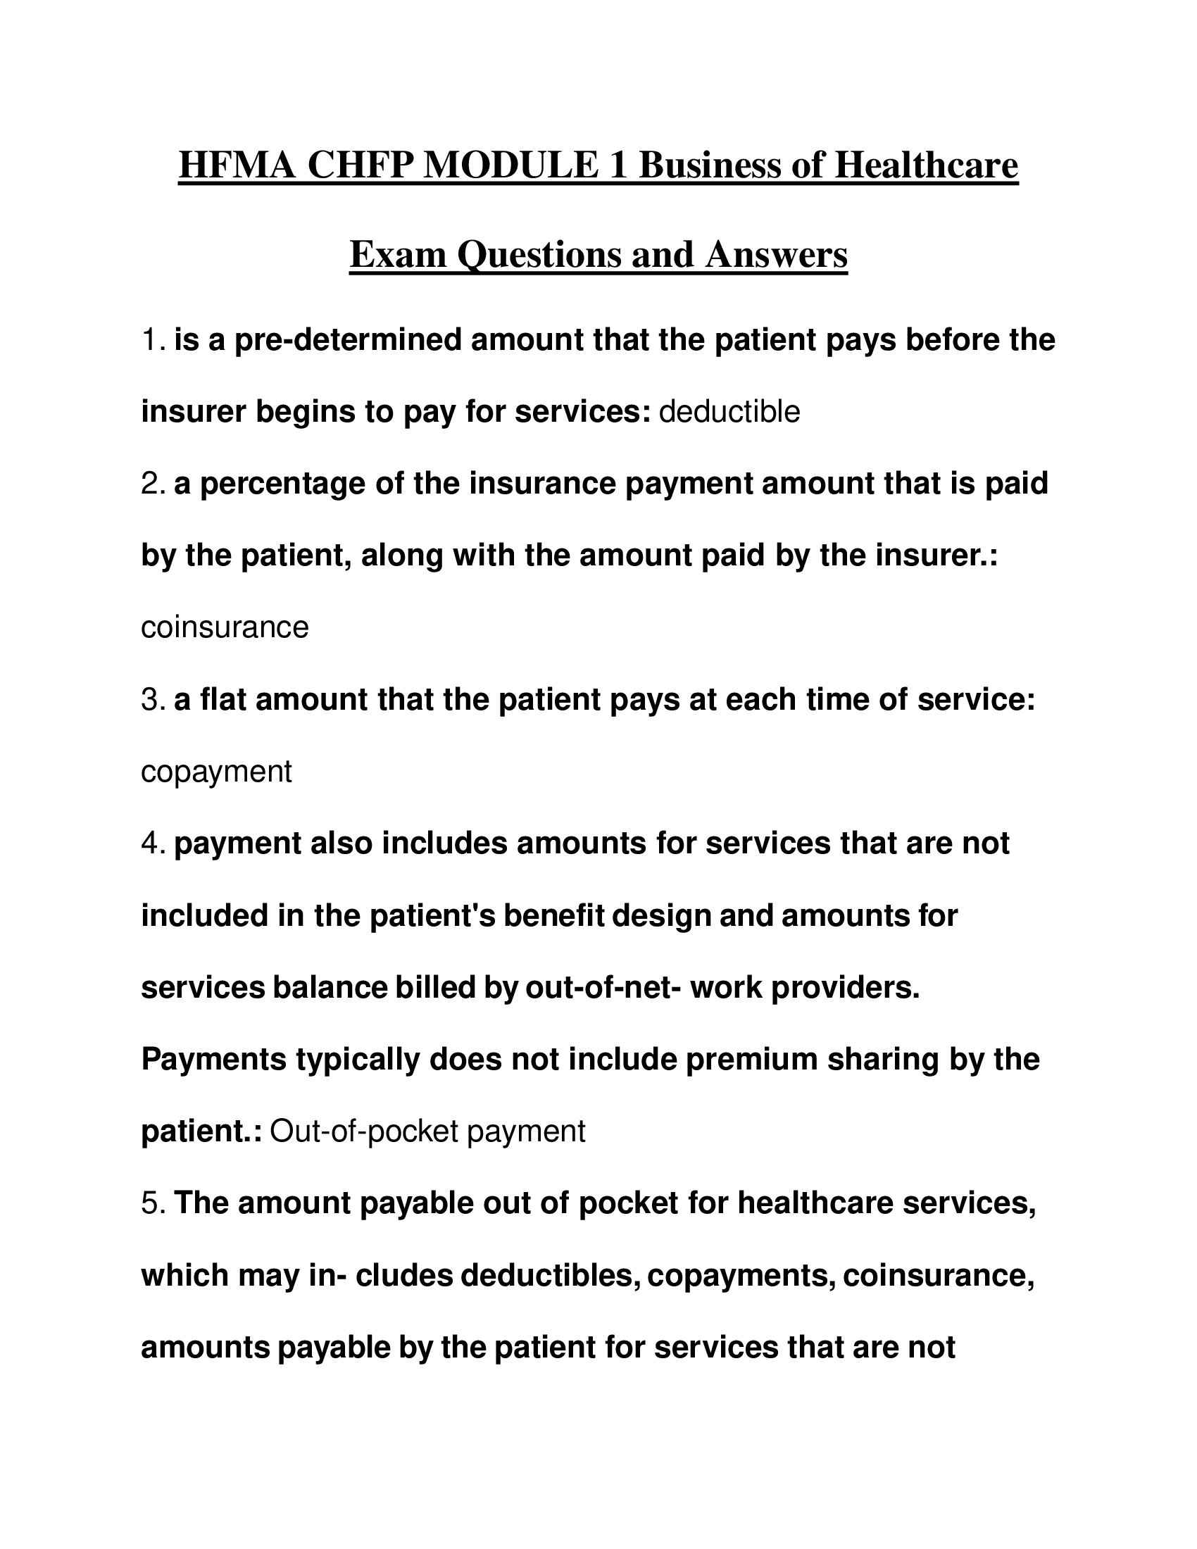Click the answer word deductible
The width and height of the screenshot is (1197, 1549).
point(729,412)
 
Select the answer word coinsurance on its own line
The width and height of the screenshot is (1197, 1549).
point(225,627)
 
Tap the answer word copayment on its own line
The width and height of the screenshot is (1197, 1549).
point(216,772)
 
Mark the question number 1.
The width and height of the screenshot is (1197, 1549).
point(152,341)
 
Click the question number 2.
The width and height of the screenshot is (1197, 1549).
point(153,484)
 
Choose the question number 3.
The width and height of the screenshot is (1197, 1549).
point(153,700)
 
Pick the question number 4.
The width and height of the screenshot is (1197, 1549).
point(153,844)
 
